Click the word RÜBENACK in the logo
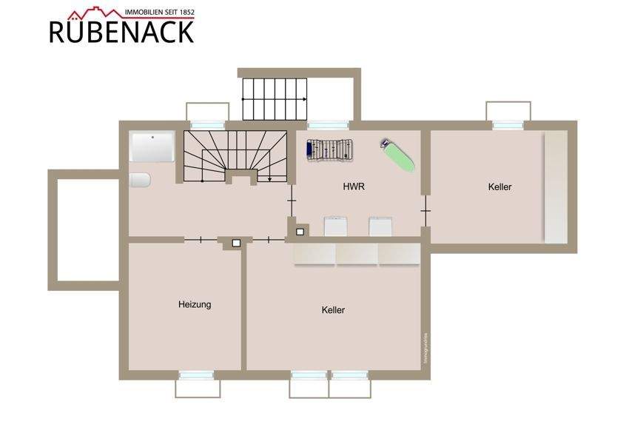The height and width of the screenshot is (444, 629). point(122,31)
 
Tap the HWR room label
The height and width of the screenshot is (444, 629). point(354,187)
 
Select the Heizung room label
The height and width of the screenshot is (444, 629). point(195,304)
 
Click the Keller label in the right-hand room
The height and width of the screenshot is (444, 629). point(499,187)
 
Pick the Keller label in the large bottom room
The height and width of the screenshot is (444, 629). point(333,310)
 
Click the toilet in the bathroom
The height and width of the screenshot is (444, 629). point(139,181)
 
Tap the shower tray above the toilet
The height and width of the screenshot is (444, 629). point(152,147)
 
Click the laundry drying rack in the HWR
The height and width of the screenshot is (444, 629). point(329,149)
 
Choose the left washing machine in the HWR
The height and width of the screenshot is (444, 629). point(336,226)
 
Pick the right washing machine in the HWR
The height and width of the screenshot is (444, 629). point(381,226)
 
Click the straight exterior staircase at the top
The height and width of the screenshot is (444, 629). point(275,98)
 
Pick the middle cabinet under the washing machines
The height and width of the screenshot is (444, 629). point(357,253)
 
